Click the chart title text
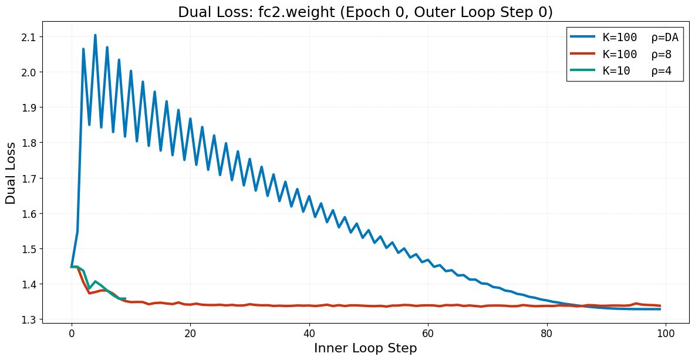(x=365, y=12)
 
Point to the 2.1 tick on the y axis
(x=28, y=37)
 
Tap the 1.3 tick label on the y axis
(x=28, y=319)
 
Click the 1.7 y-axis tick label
(x=28, y=178)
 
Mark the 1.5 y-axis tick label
(x=28, y=249)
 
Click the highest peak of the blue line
(x=95, y=35)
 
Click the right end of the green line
(x=125, y=298)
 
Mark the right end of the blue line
(x=660, y=309)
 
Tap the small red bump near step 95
(x=636, y=304)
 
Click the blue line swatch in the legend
(x=583, y=38)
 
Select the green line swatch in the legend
(x=583, y=71)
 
